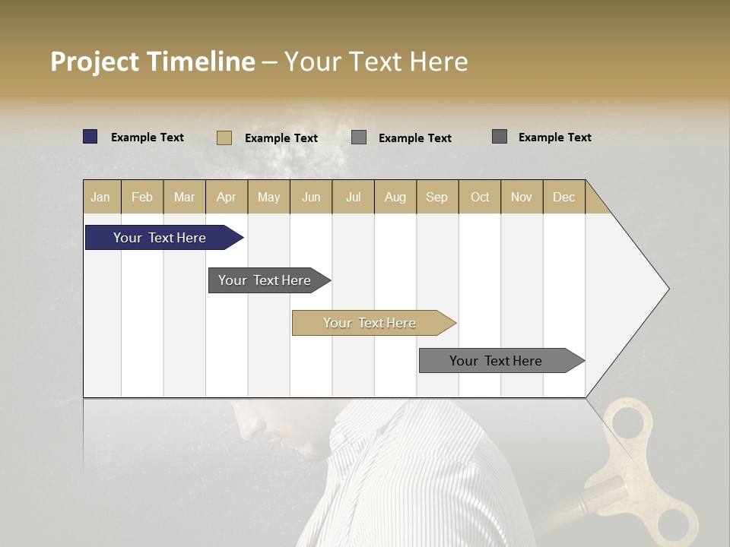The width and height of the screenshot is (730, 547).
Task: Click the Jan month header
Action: click(x=100, y=197)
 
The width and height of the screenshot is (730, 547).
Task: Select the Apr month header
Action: click(x=227, y=197)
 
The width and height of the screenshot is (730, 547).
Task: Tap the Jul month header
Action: click(x=353, y=197)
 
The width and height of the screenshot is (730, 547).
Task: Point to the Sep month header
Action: click(x=436, y=197)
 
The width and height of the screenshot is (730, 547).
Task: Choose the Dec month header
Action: click(x=563, y=197)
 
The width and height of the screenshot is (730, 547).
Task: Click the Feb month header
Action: click(x=142, y=197)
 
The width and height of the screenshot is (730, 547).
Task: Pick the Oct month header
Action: click(x=480, y=197)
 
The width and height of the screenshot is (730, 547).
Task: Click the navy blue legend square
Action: click(x=90, y=137)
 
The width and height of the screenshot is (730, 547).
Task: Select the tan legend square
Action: click(x=224, y=138)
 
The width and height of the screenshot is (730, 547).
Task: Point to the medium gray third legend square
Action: click(x=359, y=138)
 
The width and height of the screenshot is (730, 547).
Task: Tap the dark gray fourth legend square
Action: click(x=500, y=137)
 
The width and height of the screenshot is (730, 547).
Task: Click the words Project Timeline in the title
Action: click(x=153, y=62)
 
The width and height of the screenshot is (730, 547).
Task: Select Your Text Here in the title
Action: click(x=376, y=62)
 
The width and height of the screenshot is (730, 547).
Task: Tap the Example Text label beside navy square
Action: click(x=148, y=138)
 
